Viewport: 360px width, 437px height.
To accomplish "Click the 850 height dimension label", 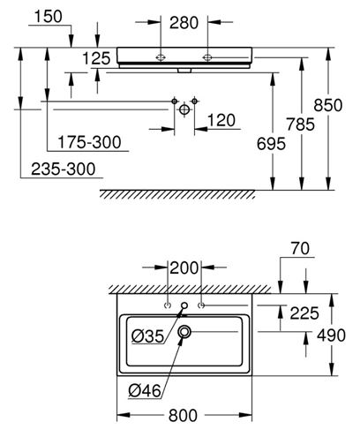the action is coord(328,105).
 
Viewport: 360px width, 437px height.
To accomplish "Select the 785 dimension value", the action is coord(300,124).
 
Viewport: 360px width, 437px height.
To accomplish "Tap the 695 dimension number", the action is coord(271,144).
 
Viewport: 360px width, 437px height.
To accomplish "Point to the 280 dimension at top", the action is coord(184,23).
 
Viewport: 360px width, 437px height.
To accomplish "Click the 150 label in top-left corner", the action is coord(49,17).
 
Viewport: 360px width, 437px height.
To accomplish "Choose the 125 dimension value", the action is coord(96,58).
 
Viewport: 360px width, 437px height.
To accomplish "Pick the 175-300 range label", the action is coord(89,142).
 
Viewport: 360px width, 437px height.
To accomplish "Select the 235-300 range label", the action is coord(64,170).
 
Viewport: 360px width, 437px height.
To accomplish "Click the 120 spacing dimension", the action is coord(221,120).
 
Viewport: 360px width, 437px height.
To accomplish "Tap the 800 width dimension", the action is coord(183,416).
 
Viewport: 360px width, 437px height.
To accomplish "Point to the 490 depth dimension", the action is coord(331,335).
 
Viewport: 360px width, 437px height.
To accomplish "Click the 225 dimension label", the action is coord(304,313).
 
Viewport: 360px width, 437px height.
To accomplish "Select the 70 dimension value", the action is coord(300,248).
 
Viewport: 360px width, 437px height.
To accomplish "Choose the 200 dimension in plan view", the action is coord(184,268).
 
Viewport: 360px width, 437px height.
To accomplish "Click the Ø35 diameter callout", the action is coord(147,336).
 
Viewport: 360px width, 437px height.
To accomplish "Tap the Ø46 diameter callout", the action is coord(145,391).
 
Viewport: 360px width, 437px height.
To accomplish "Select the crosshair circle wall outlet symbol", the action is coord(184,109).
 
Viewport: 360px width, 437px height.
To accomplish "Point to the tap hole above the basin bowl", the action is coord(184,305).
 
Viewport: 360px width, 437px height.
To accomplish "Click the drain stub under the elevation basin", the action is coord(184,71).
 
